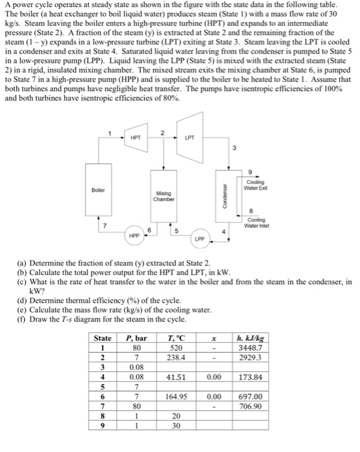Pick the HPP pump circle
click(x=134, y=237)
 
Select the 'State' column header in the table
click(x=103, y=338)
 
